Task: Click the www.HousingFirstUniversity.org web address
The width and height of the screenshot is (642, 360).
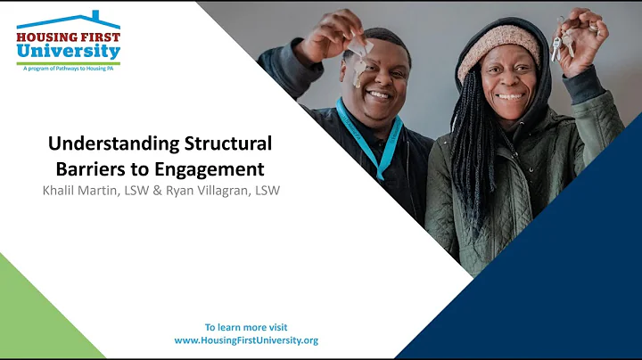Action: [246, 340]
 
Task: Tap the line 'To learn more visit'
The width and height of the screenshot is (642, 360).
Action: [246, 327]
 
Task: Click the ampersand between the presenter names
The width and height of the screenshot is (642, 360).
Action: [163, 190]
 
